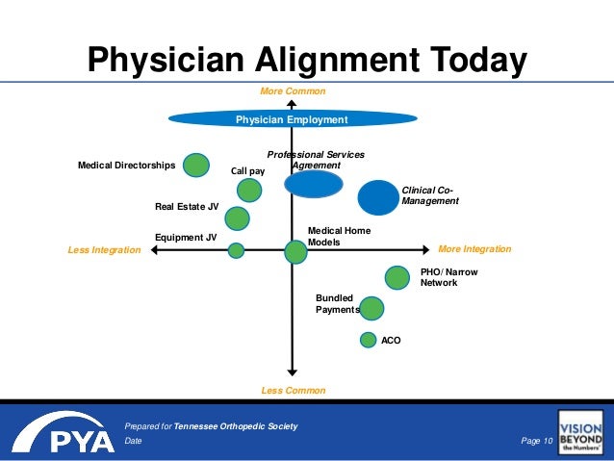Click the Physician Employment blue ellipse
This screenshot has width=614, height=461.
coord(292,119)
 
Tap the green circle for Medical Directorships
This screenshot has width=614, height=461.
coord(196,165)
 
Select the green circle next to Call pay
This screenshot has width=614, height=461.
coord(249,190)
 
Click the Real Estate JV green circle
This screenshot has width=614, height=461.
coord(237,218)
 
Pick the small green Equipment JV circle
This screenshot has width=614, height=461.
coord(236,250)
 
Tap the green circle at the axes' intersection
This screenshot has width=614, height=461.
coord(295,252)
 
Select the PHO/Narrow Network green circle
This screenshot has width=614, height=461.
coord(397,277)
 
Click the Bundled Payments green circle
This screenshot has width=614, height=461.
coord(371,308)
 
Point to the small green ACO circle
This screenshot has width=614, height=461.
coord(368,339)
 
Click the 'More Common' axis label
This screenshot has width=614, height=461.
coord(294,91)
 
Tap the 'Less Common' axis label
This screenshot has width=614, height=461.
coord(294,391)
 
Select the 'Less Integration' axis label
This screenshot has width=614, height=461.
coord(104,250)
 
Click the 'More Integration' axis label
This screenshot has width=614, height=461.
coord(474,249)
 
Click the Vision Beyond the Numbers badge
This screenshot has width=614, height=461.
coord(580,432)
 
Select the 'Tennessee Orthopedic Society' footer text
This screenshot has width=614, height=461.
coord(236,425)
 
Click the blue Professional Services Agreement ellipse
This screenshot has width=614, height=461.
coord(314,184)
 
